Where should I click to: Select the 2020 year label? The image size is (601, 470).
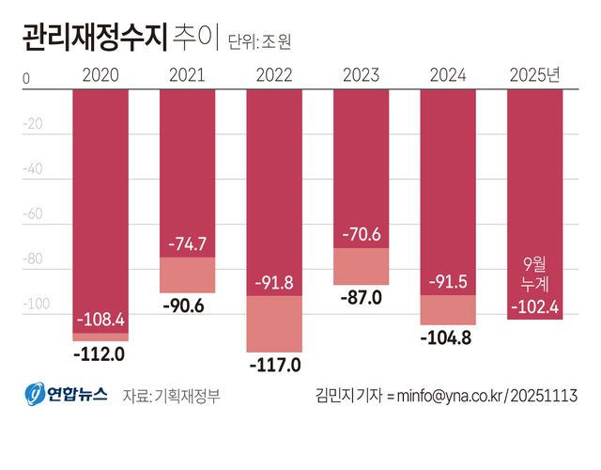[100, 76]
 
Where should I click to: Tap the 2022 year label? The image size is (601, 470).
[274, 76]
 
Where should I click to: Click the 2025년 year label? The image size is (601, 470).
[534, 76]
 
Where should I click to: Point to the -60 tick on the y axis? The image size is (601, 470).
[33, 214]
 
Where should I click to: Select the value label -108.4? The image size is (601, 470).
[100, 320]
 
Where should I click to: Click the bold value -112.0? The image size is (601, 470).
[100, 353]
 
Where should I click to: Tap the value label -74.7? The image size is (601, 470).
[187, 243]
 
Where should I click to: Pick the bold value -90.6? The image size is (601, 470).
[187, 305]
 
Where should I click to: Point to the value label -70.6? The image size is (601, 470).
[361, 234]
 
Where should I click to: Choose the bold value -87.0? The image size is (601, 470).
[361, 297]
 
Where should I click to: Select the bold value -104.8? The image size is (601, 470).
[448, 337]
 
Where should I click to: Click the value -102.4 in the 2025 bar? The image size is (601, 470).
[534, 305]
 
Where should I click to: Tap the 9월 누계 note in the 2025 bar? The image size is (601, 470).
[534, 274]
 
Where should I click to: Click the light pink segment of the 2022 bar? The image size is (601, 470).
[274, 324]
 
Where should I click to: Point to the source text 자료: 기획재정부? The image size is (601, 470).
[171, 396]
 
